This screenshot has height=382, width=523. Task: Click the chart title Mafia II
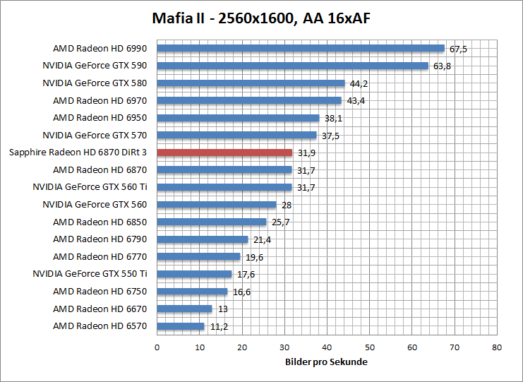coord(260,18)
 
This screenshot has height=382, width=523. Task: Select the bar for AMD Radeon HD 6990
coord(301,49)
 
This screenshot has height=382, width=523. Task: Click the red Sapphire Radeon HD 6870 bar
coord(224,153)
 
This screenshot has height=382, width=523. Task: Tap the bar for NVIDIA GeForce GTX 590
coord(292,66)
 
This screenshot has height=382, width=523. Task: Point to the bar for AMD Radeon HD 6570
coord(181,326)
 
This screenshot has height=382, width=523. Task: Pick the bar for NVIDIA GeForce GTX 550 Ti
coord(194,274)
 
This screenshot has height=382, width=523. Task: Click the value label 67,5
coord(459,49)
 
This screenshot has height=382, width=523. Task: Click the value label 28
coord(287,205)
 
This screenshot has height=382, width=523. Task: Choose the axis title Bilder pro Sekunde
coord(326,362)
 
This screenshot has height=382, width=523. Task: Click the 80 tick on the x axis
coord(497,347)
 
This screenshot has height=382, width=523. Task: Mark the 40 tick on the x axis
coord(327,347)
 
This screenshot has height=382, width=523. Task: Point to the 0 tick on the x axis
coord(157,347)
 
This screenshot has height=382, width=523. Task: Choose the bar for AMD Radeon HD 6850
coord(212,222)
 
